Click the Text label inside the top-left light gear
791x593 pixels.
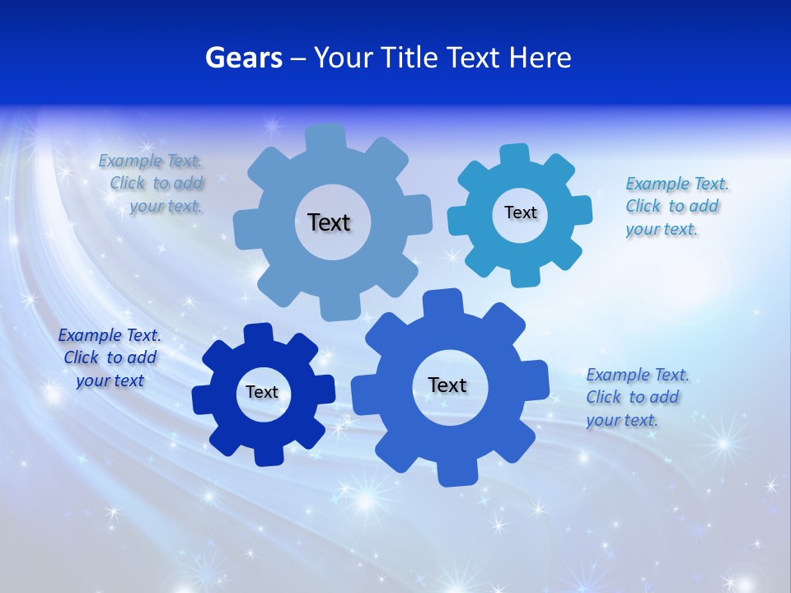tap(329, 222)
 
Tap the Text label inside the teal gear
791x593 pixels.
tap(520, 212)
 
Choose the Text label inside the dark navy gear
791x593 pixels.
tap(262, 392)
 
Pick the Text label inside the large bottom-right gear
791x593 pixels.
tap(447, 385)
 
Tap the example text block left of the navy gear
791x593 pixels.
tap(110, 357)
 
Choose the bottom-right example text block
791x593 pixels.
tap(636, 397)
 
